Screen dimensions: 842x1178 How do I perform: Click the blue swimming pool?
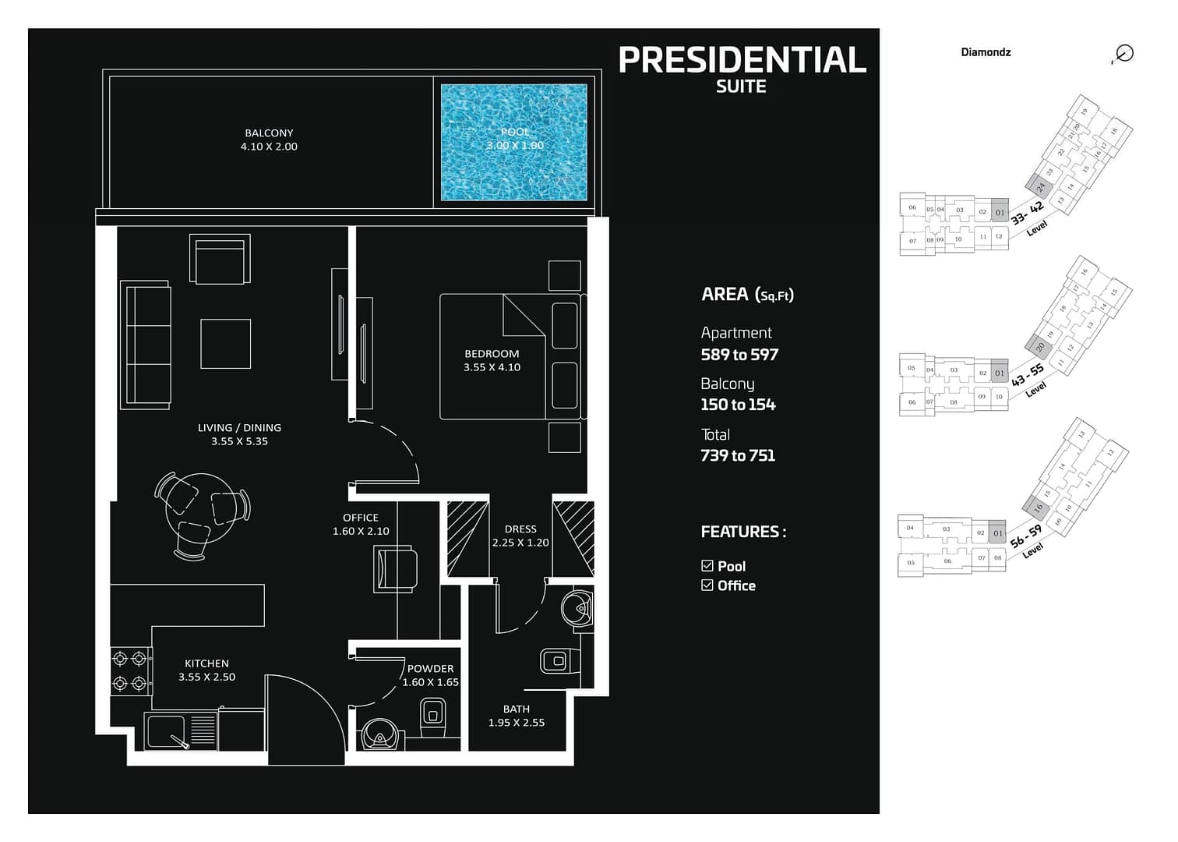pos(514,142)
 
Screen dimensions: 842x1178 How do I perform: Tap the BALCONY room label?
pos(269,133)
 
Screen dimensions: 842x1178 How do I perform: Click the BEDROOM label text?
pos(492,354)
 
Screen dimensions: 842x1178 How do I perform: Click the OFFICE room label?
pos(361,518)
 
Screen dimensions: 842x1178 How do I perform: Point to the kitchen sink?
pos(167,731)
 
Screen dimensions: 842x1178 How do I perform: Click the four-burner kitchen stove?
pos(130,671)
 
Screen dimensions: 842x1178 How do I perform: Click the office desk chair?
pos(396,569)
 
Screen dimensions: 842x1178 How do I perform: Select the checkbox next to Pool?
pos(707,566)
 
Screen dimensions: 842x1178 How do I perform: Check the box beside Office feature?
pos(707,586)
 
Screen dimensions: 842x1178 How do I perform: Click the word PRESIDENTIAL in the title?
pos(742,60)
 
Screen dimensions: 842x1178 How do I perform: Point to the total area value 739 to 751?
pos(738,455)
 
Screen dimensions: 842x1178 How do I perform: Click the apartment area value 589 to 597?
pos(739,355)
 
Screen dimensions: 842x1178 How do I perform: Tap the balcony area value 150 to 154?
pos(738,405)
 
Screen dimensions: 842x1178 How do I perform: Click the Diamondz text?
pos(986,52)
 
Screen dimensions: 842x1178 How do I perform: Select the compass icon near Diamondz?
pos(1123,54)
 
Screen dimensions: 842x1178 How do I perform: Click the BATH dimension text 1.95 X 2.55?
pos(517,723)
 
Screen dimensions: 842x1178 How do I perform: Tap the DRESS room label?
pos(520,529)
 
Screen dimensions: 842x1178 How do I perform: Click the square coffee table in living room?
pos(226,344)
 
